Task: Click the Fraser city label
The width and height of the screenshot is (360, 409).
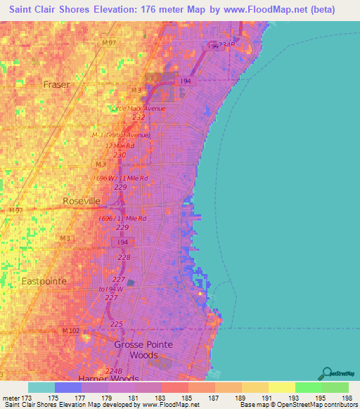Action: point(57,84)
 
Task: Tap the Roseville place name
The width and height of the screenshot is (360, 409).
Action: point(81,201)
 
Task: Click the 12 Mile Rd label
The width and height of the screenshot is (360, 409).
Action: point(120,145)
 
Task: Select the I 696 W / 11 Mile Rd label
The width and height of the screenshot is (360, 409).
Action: point(121,178)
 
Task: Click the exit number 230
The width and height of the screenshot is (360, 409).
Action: point(120,155)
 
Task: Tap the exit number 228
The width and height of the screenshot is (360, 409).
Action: point(124,257)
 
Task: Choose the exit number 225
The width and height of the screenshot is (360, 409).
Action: point(117,324)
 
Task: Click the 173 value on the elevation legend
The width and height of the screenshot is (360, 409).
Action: point(26,397)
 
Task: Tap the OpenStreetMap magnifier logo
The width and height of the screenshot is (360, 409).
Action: point(328,372)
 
